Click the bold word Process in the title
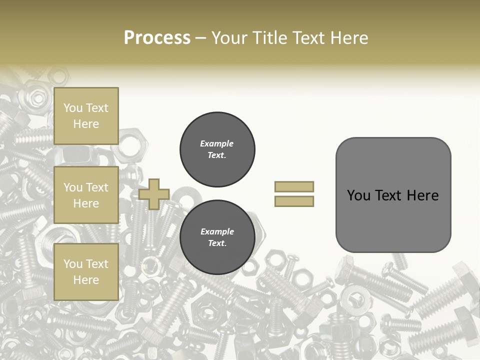pyautogui.click(x=157, y=38)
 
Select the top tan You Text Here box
pyautogui.click(x=86, y=116)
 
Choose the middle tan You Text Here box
pyautogui.click(x=86, y=195)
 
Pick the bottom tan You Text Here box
pyautogui.click(x=86, y=272)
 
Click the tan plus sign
pyautogui.click(x=154, y=194)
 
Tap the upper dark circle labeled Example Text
pyautogui.click(x=217, y=149)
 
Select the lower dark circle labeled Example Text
pyautogui.click(x=217, y=237)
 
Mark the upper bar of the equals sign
pyautogui.click(x=294, y=186)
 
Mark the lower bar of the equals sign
pyautogui.click(x=294, y=201)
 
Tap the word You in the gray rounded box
pyautogui.click(x=358, y=195)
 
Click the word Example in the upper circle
pyautogui.click(x=217, y=143)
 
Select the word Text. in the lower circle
pyautogui.click(x=217, y=243)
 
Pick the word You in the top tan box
pyautogui.click(x=73, y=108)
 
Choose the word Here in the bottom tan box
pyautogui.click(x=86, y=280)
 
